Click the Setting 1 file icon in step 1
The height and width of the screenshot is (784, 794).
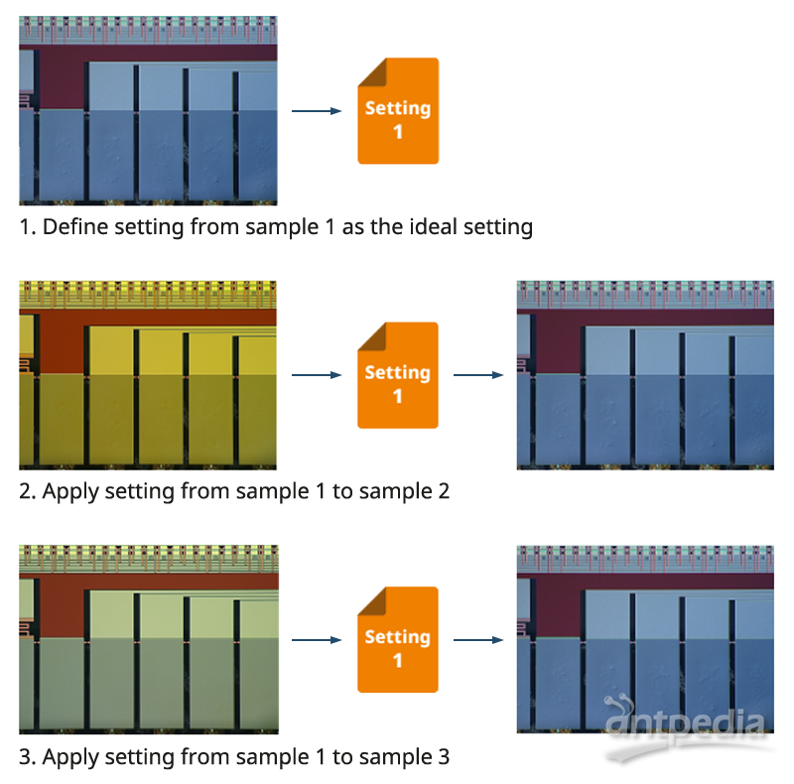[x=398, y=111]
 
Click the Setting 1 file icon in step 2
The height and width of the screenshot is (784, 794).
[x=398, y=375]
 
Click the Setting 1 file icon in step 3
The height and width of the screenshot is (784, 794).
[x=398, y=640]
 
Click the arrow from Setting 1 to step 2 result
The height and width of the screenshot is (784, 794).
[x=478, y=375]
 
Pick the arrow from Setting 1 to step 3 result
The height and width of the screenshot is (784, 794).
[x=478, y=640]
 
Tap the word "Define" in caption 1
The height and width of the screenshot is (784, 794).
[x=76, y=226]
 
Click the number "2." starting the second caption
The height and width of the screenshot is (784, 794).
[x=28, y=491]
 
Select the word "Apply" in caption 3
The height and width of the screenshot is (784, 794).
[x=69, y=756]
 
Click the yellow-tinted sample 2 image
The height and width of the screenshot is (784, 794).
[x=148, y=375]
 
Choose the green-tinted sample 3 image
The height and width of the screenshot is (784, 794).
[x=148, y=640]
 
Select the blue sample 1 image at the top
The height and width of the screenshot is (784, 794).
[x=148, y=111]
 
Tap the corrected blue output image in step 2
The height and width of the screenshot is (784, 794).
[x=645, y=375]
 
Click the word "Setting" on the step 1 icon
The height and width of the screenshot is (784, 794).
[x=398, y=108]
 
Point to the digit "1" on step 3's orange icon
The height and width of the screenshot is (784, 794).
[x=398, y=661]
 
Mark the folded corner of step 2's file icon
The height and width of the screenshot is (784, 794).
[x=368, y=332]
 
